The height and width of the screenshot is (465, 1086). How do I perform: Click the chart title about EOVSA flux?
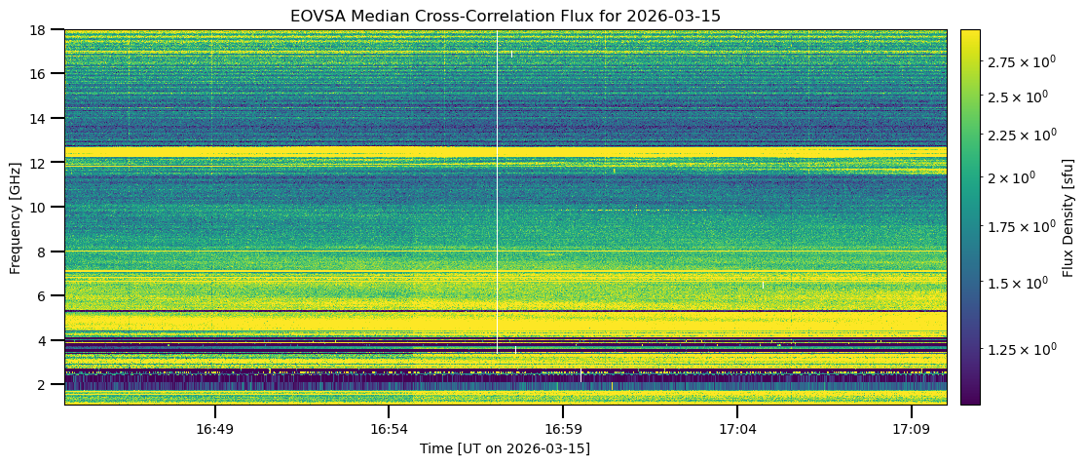[x=505, y=16]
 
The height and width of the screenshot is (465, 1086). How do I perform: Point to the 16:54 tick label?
[x=388, y=429]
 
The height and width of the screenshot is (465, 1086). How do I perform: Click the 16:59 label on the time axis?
[x=562, y=429]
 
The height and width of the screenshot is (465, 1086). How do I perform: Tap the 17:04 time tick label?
[x=737, y=429]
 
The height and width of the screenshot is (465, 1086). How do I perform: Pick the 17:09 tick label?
[x=912, y=429]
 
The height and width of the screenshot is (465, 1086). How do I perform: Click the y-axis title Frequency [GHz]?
[x=16, y=216]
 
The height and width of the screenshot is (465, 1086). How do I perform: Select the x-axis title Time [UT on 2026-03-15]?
[x=505, y=448]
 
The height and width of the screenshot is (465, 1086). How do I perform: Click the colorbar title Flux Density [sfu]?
[x=1068, y=216]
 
